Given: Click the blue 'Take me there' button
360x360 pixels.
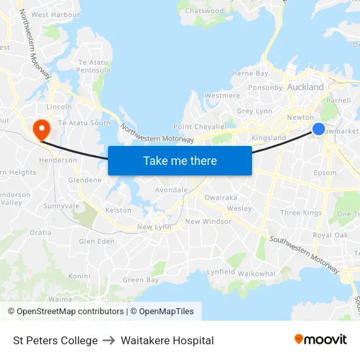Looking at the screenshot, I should (x=180, y=160).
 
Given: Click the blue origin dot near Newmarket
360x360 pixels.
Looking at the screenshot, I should (x=318, y=129).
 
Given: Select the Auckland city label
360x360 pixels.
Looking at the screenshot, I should (x=305, y=87).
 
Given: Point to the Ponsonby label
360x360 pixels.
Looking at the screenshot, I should (x=265, y=87).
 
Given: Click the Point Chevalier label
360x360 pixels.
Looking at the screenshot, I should (x=200, y=126).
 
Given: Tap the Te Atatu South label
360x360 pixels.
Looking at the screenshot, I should (x=84, y=123).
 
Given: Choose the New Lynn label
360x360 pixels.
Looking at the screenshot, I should (x=154, y=227).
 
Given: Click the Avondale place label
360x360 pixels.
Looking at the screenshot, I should (x=171, y=190).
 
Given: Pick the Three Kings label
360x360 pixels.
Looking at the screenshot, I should (x=301, y=213).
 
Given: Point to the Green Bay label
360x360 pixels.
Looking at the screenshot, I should (x=141, y=280).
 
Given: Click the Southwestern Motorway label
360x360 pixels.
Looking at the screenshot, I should (x=304, y=255).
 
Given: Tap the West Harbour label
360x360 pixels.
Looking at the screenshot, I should (x=56, y=14).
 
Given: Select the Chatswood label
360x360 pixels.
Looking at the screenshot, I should (x=204, y=11).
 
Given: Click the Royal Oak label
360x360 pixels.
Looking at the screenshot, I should (x=331, y=235).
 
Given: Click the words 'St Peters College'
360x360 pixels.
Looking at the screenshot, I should (x=56, y=340).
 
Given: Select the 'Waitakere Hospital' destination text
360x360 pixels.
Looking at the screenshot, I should (x=167, y=340).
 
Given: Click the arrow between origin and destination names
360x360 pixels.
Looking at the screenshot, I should (x=109, y=340).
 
